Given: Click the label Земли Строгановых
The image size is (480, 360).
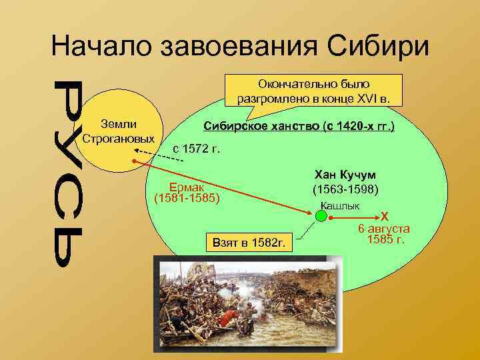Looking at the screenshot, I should pyautogui.click(x=118, y=131).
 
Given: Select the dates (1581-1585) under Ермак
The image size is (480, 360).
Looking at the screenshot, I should pyautogui.click(x=187, y=198).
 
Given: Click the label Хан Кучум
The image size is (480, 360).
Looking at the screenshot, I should pyautogui.click(x=345, y=175).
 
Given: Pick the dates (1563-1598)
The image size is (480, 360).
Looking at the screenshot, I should pyautogui.click(x=345, y=189).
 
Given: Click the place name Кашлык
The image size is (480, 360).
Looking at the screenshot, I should pyautogui.click(x=340, y=205).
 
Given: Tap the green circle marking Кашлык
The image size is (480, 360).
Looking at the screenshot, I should pyautogui.click(x=321, y=215).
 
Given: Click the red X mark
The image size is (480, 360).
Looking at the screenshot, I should pyautogui.click(x=383, y=216).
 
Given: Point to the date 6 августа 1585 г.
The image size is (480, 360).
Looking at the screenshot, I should pyautogui.click(x=384, y=234).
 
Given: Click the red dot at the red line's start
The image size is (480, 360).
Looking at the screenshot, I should pyautogui.click(x=133, y=161).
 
